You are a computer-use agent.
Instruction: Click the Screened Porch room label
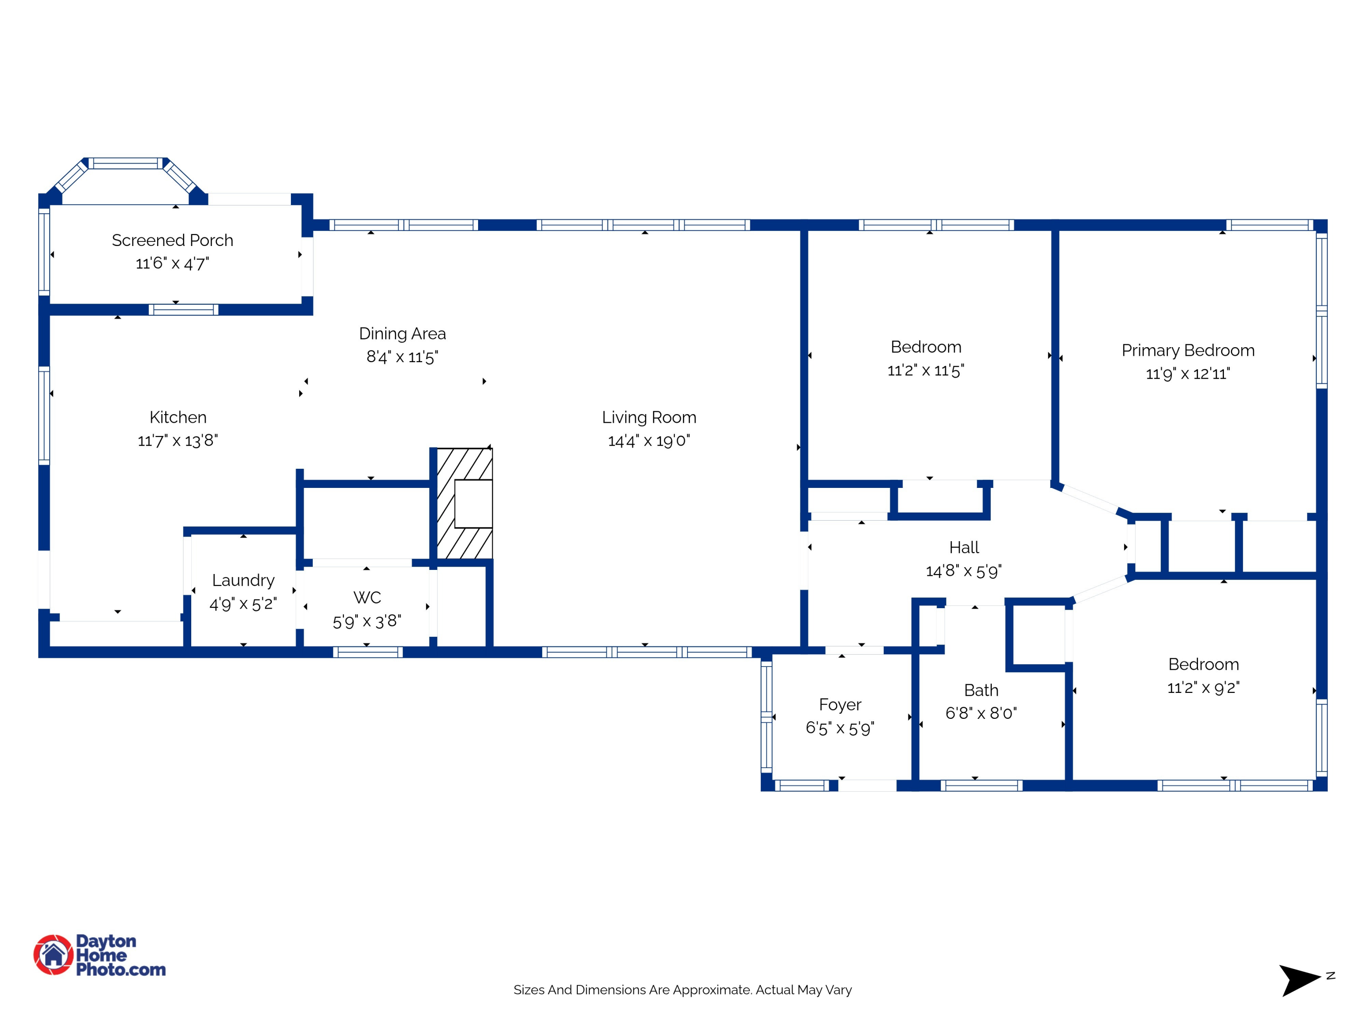click(x=172, y=241)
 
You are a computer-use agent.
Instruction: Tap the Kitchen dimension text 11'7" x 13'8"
click(x=178, y=441)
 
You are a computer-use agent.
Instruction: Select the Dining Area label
click(x=402, y=333)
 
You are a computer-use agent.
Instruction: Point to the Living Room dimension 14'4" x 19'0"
click(x=648, y=441)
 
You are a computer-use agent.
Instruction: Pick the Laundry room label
click(x=243, y=580)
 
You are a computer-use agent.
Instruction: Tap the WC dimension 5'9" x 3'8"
click(x=367, y=621)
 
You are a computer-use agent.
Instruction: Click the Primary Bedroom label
click(x=1188, y=350)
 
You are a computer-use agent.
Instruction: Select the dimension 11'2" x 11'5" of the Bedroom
click(x=925, y=370)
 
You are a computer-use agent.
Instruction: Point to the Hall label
click(x=963, y=548)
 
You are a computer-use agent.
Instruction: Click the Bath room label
click(x=981, y=690)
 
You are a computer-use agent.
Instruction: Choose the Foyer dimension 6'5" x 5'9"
click(x=839, y=728)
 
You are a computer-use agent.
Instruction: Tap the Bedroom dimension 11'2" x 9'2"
click(x=1203, y=687)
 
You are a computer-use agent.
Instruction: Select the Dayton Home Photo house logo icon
click(x=54, y=954)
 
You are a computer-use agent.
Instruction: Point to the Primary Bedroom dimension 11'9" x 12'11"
click(x=1188, y=374)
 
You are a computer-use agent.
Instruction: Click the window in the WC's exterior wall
click(x=367, y=652)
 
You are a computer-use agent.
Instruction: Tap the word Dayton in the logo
click(x=106, y=941)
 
